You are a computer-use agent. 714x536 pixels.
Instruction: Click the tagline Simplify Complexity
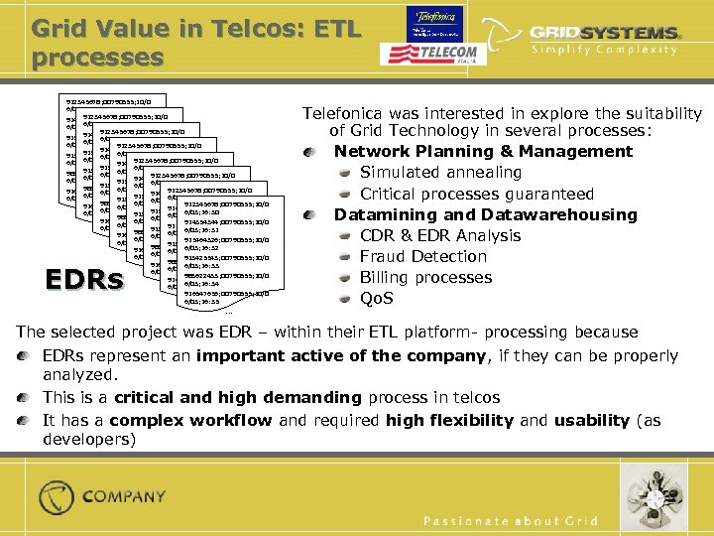pos(605,51)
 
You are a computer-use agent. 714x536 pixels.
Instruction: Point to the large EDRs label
pos(85,280)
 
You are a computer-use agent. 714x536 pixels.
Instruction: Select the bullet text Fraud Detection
pos(423,256)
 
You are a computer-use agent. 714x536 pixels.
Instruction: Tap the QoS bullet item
pos(376,298)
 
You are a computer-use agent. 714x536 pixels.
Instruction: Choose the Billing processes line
pos(425,277)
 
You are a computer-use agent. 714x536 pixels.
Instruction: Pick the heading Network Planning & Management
pos(483,152)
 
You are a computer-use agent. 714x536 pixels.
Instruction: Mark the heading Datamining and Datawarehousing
pos(485,214)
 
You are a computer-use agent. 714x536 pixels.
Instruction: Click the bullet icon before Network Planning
pos(312,152)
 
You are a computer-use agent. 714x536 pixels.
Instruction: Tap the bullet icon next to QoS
pos(342,299)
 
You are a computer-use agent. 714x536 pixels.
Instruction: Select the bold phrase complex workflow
pos(189,419)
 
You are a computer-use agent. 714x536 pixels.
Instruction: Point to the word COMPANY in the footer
pos(124,496)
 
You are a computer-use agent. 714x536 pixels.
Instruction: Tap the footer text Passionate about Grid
pos(511,521)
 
